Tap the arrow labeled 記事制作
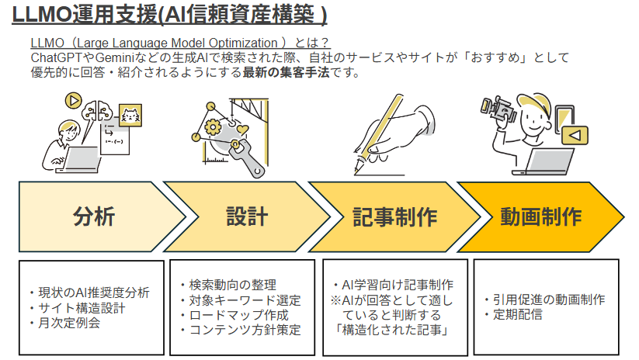[x=394, y=216]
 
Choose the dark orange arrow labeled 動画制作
[x=541, y=216]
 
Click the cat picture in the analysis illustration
[x=130, y=116]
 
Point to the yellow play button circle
[x=73, y=100]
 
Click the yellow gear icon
[x=213, y=127]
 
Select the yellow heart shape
[x=243, y=130]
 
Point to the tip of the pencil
[x=356, y=173]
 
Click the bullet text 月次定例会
[x=69, y=324]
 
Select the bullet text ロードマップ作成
[x=239, y=315]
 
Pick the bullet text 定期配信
[x=518, y=314]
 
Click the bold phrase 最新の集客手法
[x=286, y=72]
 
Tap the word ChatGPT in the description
[x=56, y=58]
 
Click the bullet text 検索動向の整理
[x=233, y=285]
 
